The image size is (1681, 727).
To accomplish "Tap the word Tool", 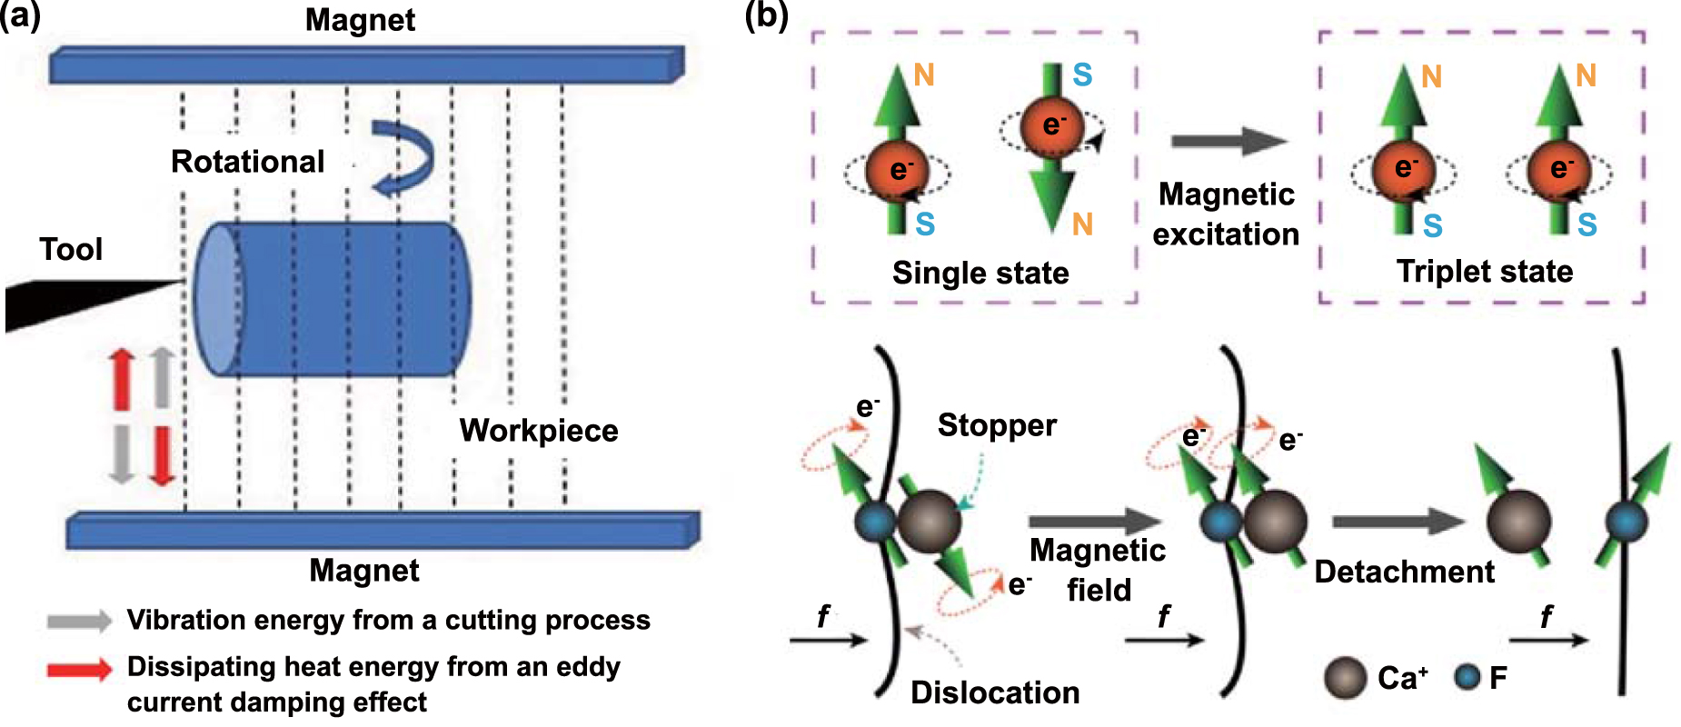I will click(71, 249).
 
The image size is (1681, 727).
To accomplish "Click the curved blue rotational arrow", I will click(405, 159).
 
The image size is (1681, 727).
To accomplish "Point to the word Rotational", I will click(247, 162).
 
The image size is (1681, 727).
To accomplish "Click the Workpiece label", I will click(538, 430).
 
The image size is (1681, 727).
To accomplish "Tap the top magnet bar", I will click(363, 65).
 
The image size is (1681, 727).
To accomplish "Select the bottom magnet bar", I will click(382, 531).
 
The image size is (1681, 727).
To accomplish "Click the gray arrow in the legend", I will click(79, 621).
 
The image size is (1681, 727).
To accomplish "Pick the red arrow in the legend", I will click(79, 670).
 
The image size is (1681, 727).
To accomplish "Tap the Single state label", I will click(980, 273).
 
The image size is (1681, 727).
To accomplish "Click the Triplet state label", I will click(1484, 271).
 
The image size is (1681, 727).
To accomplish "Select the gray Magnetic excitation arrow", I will click(1228, 141).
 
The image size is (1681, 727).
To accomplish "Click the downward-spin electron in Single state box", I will click(1051, 126).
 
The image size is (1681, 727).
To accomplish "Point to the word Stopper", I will click(997, 425).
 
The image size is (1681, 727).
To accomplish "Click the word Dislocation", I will click(995, 692).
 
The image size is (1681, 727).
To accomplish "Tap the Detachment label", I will click(1403, 572).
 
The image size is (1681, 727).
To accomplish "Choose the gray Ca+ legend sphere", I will click(1345, 678).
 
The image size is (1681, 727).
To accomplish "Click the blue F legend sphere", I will click(1467, 677).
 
